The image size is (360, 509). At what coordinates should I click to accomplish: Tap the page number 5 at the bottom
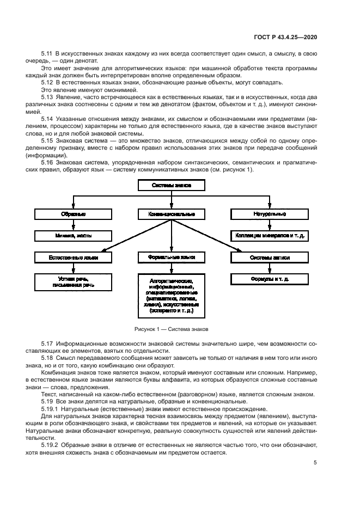[x=315, y=463]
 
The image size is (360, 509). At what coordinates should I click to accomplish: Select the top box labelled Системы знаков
[x=172, y=185]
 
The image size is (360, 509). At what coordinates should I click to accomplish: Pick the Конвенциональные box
[x=172, y=214]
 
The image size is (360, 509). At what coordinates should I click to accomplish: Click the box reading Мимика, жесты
[x=73, y=236]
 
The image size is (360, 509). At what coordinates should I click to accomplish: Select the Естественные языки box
[x=73, y=257]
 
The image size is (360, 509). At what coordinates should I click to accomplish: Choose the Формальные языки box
[x=172, y=257]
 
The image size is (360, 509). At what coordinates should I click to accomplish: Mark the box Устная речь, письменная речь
[x=73, y=281]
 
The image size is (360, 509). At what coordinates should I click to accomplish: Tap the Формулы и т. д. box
[x=270, y=279]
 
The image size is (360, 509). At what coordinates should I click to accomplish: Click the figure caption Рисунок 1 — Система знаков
[x=171, y=329]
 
